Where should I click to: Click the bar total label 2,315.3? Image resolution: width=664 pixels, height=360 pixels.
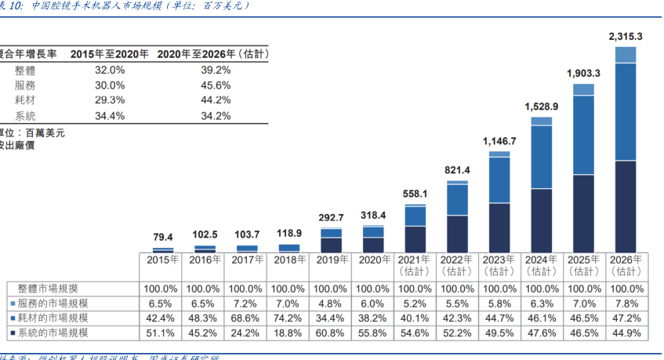626,37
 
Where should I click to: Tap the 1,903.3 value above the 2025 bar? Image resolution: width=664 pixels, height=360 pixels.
583,73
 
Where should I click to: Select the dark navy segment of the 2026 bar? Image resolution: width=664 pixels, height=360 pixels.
626,205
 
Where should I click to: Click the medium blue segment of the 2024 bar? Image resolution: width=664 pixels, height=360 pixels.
541,156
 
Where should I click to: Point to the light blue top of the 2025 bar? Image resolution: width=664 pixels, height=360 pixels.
583,89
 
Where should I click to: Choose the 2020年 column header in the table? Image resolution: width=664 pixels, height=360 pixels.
373,260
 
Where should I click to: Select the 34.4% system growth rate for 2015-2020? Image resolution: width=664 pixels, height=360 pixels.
110,116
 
